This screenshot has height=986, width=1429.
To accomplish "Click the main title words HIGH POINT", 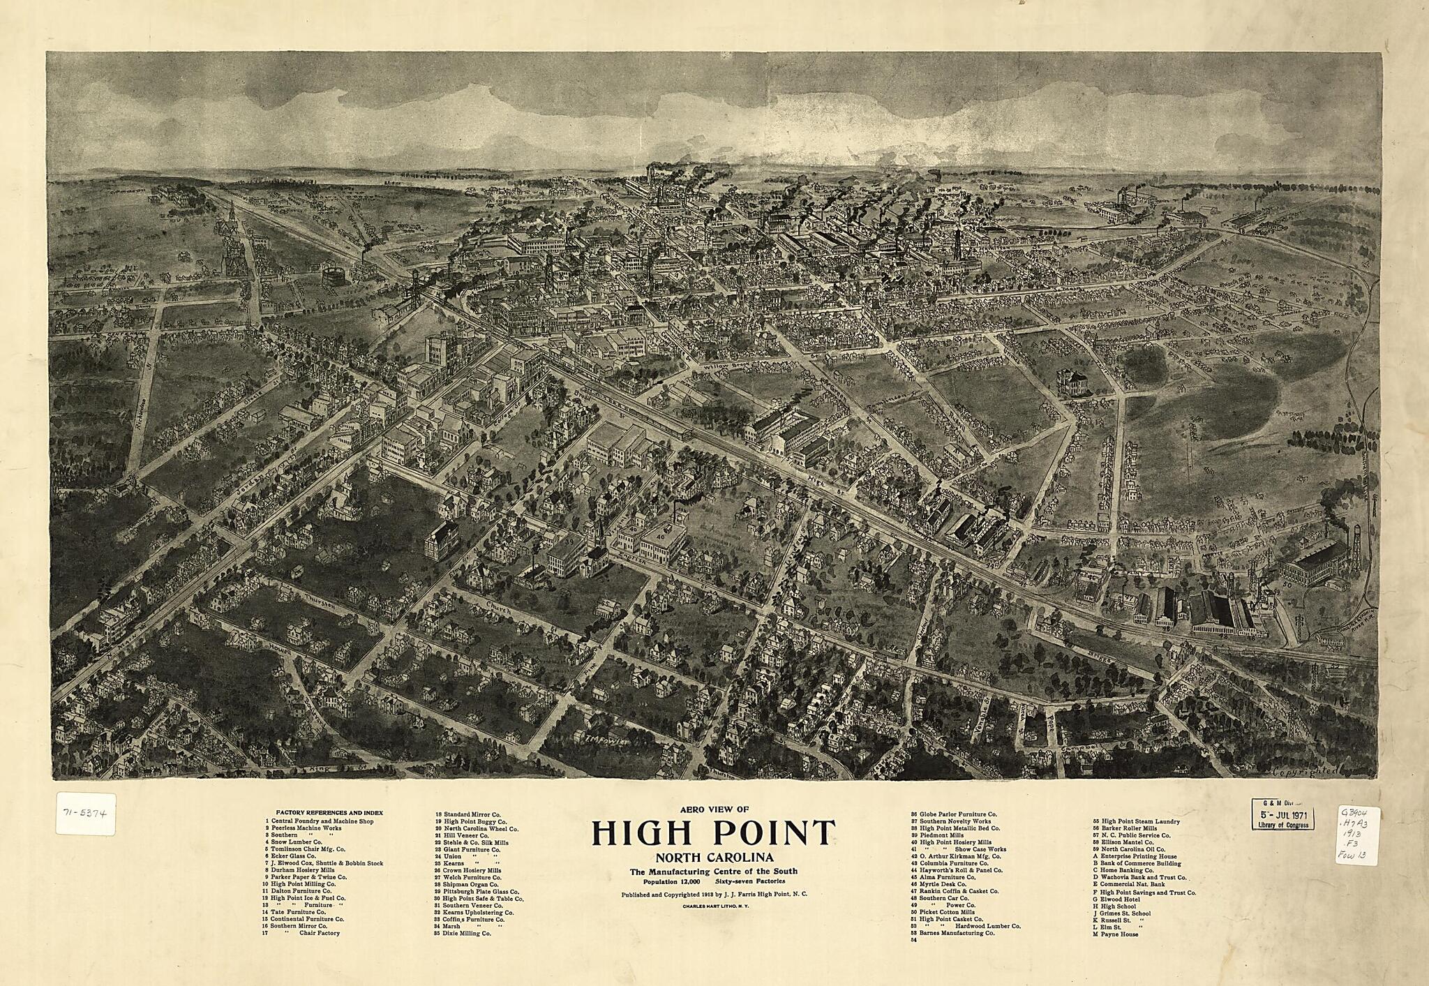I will pos(714,832).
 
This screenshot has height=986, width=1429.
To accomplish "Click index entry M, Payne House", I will pos(1119,934).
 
